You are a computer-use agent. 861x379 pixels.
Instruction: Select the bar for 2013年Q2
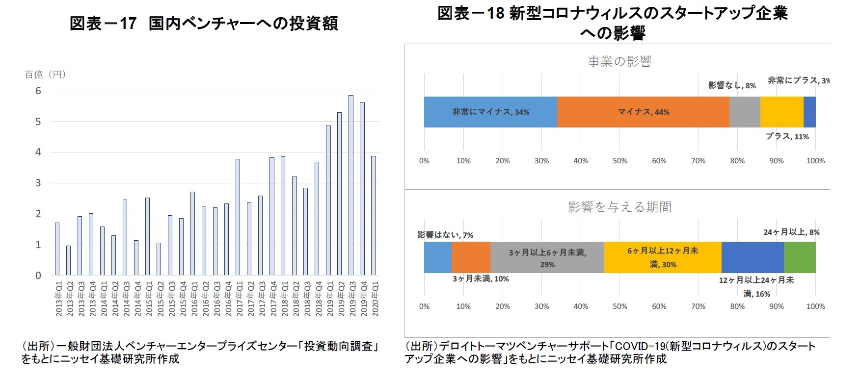tap(69, 260)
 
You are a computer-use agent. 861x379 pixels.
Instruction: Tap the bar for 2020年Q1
tap(374, 216)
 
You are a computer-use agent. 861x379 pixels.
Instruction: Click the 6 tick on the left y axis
tap(38, 91)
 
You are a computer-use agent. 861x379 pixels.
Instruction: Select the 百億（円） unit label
tap(45, 75)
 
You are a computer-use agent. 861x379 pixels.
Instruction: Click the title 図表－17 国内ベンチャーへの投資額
tap(204, 24)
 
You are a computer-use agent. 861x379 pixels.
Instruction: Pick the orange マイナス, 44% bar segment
tap(643, 112)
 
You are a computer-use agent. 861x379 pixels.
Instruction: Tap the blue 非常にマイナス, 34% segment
tap(490, 112)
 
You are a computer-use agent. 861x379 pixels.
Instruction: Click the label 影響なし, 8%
tap(731, 85)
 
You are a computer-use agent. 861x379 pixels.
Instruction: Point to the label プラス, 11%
tap(787, 136)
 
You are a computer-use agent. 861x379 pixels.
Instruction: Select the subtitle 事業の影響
tap(619, 61)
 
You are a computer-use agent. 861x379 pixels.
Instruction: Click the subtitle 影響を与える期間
tap(619, 207)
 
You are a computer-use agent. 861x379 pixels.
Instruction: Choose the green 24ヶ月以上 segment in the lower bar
tap(800, 257)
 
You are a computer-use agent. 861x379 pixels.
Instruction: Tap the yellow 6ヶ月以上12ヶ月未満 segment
tap(663, 257)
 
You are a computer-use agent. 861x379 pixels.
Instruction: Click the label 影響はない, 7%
tap(445, 235)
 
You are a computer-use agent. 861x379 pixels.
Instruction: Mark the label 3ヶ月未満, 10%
tap(480, 279)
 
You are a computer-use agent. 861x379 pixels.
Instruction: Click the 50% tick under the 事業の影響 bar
tap(619, 161)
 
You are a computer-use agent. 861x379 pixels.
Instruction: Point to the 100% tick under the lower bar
tap(815, 306)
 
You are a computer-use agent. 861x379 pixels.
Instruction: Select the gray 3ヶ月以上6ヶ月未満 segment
tap(547, 257)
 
